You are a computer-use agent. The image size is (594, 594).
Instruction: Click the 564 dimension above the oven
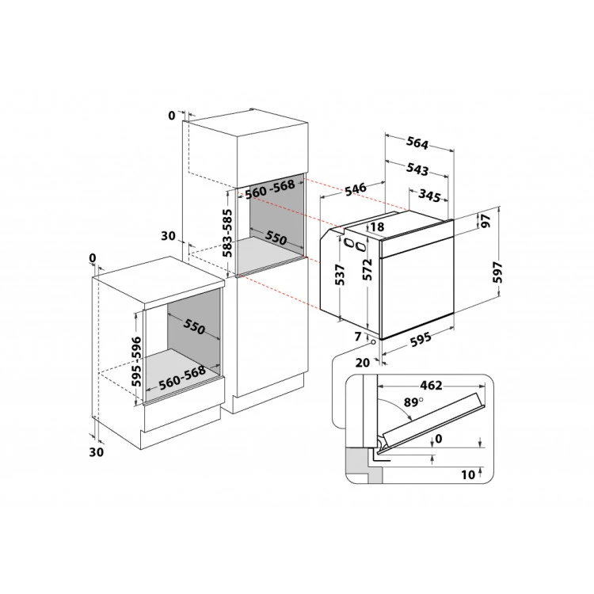(417, 143)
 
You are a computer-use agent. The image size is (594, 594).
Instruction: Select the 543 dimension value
(417, 169)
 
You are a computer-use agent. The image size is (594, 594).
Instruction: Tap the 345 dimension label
(429, 196)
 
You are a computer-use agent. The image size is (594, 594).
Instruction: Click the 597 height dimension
(498, 272)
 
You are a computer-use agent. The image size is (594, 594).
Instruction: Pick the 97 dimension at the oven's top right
(485, 220)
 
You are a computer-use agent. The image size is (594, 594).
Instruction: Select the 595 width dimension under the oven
(421, 338)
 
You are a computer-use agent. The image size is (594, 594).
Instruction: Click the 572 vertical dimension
(367, 269)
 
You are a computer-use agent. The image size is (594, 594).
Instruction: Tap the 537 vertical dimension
(341, 275)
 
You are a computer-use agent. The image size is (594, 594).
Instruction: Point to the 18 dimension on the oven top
(377, 227)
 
